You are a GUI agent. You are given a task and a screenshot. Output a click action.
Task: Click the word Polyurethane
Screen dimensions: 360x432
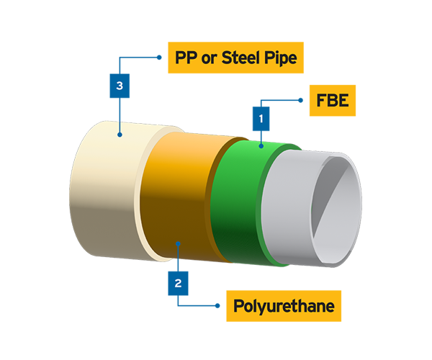tap(284, 306)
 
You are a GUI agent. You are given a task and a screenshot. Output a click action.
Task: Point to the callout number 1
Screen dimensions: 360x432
tap(261, 116)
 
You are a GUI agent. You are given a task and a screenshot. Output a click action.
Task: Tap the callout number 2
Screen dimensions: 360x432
tap(178, 282)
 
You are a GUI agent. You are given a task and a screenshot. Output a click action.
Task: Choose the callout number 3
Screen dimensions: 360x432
tap(120, 86)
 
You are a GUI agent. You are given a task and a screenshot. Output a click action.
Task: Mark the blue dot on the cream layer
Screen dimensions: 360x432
tap(120, 135)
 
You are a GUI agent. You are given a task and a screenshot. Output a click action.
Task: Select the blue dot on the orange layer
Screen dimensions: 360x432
tap(178, 244)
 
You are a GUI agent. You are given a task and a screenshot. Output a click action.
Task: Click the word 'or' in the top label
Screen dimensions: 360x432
tap(212, 58)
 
